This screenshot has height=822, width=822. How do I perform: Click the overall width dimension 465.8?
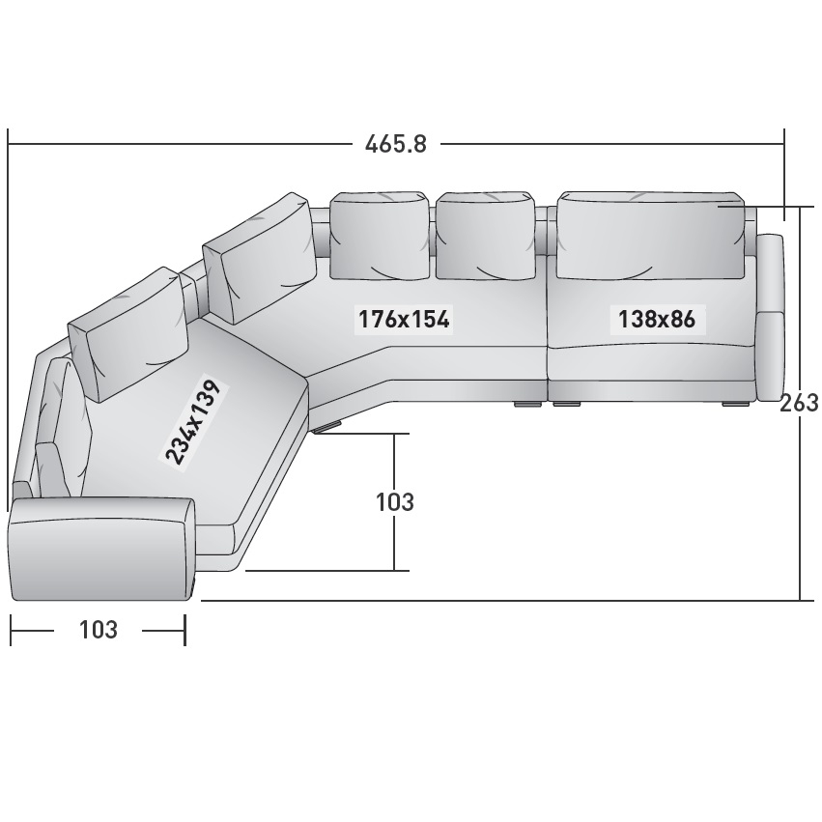tap(396, 144)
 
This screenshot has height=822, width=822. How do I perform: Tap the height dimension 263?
tap(800, 403)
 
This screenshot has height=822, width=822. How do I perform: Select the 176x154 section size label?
tap(403, 319)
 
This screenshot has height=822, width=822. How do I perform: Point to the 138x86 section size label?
tap(657, 319)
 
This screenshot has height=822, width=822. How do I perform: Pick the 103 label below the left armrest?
tap(98, 630)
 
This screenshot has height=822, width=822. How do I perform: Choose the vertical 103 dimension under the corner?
tap(395, 501)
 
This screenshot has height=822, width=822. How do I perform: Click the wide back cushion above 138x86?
tap(651, 236)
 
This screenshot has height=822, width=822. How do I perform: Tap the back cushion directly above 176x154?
tap(380, 236)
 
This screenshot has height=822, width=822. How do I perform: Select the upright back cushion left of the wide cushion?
tap(486, 236)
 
